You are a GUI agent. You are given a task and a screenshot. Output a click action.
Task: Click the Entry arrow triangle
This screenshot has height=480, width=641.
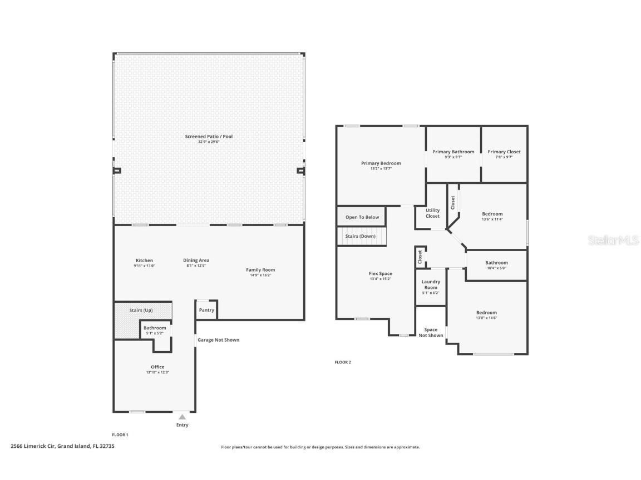pyautogui.click(x=182, y=417)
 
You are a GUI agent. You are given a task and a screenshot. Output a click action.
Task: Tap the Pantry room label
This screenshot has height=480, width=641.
pyautogui.click(x=206, y=310)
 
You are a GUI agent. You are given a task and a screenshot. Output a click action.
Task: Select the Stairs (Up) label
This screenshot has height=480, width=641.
pyautogui.click(x=141, y=310)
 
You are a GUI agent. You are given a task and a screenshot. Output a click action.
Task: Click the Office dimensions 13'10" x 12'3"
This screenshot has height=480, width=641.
pyautogui.click(x=157, y=372)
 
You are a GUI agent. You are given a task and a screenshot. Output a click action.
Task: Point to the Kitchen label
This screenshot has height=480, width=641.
pyautogui.click(x=144, y=261)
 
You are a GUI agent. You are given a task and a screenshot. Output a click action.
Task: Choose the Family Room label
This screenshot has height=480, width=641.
pyautogui.click(x=260, y=270)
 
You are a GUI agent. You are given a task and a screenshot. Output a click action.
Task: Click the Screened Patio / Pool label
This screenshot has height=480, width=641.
pyautogui.click(x=209, y=136)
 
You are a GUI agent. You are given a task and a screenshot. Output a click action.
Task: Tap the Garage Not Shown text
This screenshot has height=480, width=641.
pyautogui.click(x=219, y=340)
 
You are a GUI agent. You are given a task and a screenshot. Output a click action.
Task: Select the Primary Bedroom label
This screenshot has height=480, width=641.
pyautogui.click(x=381, y=163)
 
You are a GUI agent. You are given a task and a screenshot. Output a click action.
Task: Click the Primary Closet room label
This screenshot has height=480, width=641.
pyautogui.click(x=504, y=152)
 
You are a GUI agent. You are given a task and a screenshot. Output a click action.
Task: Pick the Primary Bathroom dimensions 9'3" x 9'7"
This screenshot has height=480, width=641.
pyautogui.click(x=453, y=157)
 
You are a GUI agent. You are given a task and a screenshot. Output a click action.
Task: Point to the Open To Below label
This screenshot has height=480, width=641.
pyautogui.click(x=362, y=217)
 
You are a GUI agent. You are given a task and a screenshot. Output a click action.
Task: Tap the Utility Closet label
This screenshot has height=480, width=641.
pyautogui.click(x=432, y=213)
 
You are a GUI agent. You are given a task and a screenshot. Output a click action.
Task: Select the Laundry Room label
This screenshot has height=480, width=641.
pyautogui.click(x=431, y=284)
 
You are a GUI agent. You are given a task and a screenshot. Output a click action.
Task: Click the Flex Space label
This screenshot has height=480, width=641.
pyautogui.click(x=381, y=273)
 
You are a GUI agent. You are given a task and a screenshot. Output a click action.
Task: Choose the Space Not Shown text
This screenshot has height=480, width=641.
pyautogui.click(x=431, y=332)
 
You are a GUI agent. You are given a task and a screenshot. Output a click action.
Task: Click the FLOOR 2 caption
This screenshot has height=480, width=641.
pyautogui.click(x=343, y=362)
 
